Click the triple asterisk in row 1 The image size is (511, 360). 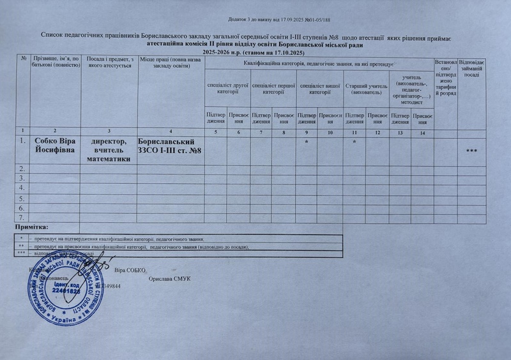click(473, 151)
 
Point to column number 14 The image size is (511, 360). click(422, 132)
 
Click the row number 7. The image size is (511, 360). click(22, 218)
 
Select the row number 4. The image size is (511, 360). click(22, 188)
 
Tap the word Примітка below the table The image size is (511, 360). click(36, 227)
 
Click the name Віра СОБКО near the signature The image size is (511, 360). click(131, 271)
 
